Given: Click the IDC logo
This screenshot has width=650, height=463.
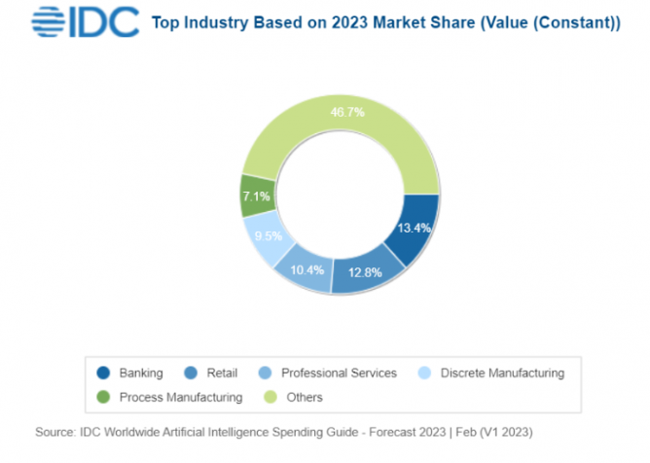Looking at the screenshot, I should coord(87,21).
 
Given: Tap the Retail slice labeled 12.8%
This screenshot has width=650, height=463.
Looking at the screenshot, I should coord(368,273).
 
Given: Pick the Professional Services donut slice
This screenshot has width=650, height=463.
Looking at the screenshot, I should coord(306,267).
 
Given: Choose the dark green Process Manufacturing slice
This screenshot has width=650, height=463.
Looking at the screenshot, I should coord(257,196).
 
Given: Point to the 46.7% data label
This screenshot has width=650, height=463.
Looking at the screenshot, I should coord(346,112).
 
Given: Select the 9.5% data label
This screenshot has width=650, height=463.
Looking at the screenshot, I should coord(265,234).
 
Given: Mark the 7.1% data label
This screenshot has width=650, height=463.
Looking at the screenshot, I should coord(256,196).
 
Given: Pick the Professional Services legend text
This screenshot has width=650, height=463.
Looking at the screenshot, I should coord(339,373).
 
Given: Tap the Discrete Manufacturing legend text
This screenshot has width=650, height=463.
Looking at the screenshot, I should coord(502,373).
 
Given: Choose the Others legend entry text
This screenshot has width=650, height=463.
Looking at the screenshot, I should coord(305,397).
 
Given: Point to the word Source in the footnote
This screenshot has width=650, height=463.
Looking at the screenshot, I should coord(56,430).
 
